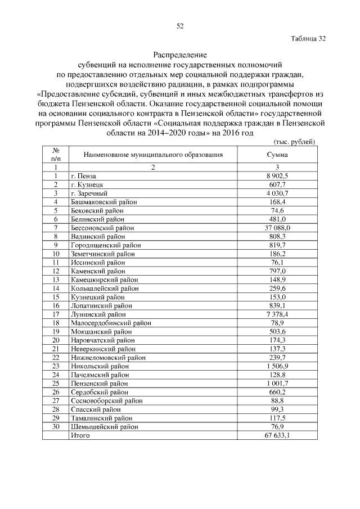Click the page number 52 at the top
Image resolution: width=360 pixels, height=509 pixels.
[180, 26]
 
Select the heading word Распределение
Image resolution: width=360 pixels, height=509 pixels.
[180, 55]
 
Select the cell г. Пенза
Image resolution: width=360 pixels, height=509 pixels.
[83, 176]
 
